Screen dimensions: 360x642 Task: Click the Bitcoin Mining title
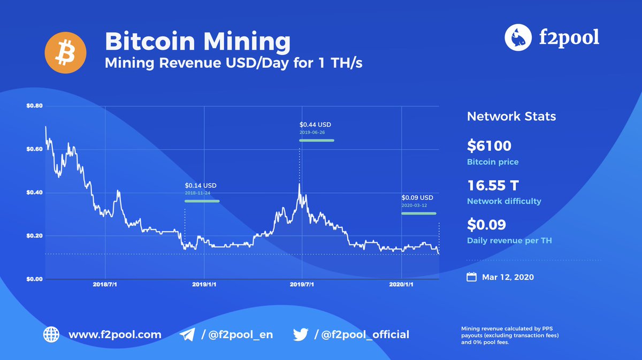click(x=198, y=41)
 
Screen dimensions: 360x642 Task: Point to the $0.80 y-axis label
click(x=34, y=106)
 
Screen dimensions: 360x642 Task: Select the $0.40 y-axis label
click(x=34, y=193)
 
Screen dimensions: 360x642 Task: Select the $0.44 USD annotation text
click(x=316, y=125)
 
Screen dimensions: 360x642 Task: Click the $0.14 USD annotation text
click(x=201, y=186)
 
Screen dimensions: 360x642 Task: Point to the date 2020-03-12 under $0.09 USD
click(x=414, y=205)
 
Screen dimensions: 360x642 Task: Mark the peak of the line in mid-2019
click(x=300, y=184)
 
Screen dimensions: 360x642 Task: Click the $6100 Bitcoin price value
click(x=489, y=145)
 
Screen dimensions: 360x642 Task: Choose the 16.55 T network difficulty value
click(x=493, y=186)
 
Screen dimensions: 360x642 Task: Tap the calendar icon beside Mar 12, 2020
click(x=471, y=277)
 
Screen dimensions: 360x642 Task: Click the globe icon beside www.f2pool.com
click(x=51, y=335)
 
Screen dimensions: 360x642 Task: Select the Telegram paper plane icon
click(x=187, y=335)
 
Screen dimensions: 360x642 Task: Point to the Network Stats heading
click(x=511, y=117)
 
